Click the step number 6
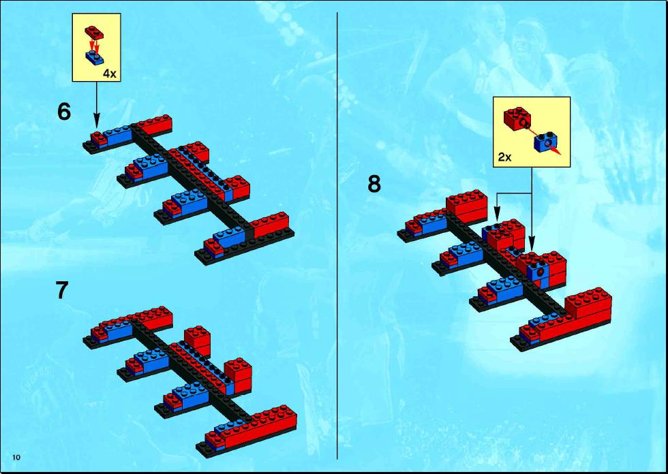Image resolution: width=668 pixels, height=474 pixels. (x=64, y=112)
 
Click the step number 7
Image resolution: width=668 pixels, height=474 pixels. (x=62, y=290)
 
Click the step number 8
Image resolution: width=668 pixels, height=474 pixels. (x=374, y=185)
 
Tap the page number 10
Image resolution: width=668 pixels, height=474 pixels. (x=16, y=458)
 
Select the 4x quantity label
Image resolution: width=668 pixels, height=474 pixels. (x=110, y=74)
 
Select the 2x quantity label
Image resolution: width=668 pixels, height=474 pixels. (x=505, y=157)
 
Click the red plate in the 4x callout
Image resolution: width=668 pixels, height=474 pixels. (x=94, y=32)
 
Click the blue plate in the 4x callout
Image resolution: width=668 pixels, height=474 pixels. (x=95, y=57)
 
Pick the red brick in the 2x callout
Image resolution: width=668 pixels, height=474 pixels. (x=517, y=118)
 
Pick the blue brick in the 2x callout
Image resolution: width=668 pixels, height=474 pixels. (x=545, y=142)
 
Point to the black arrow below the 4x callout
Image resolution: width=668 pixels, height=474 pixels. (x=97, y=104)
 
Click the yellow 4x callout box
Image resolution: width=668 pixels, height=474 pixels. (x=96, y=47)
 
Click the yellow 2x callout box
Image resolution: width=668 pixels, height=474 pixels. (x=532, y=132)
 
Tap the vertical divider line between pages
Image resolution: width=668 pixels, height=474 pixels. (x=337, y=236)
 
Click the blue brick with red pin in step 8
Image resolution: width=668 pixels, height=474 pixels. (x=538, y=270)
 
